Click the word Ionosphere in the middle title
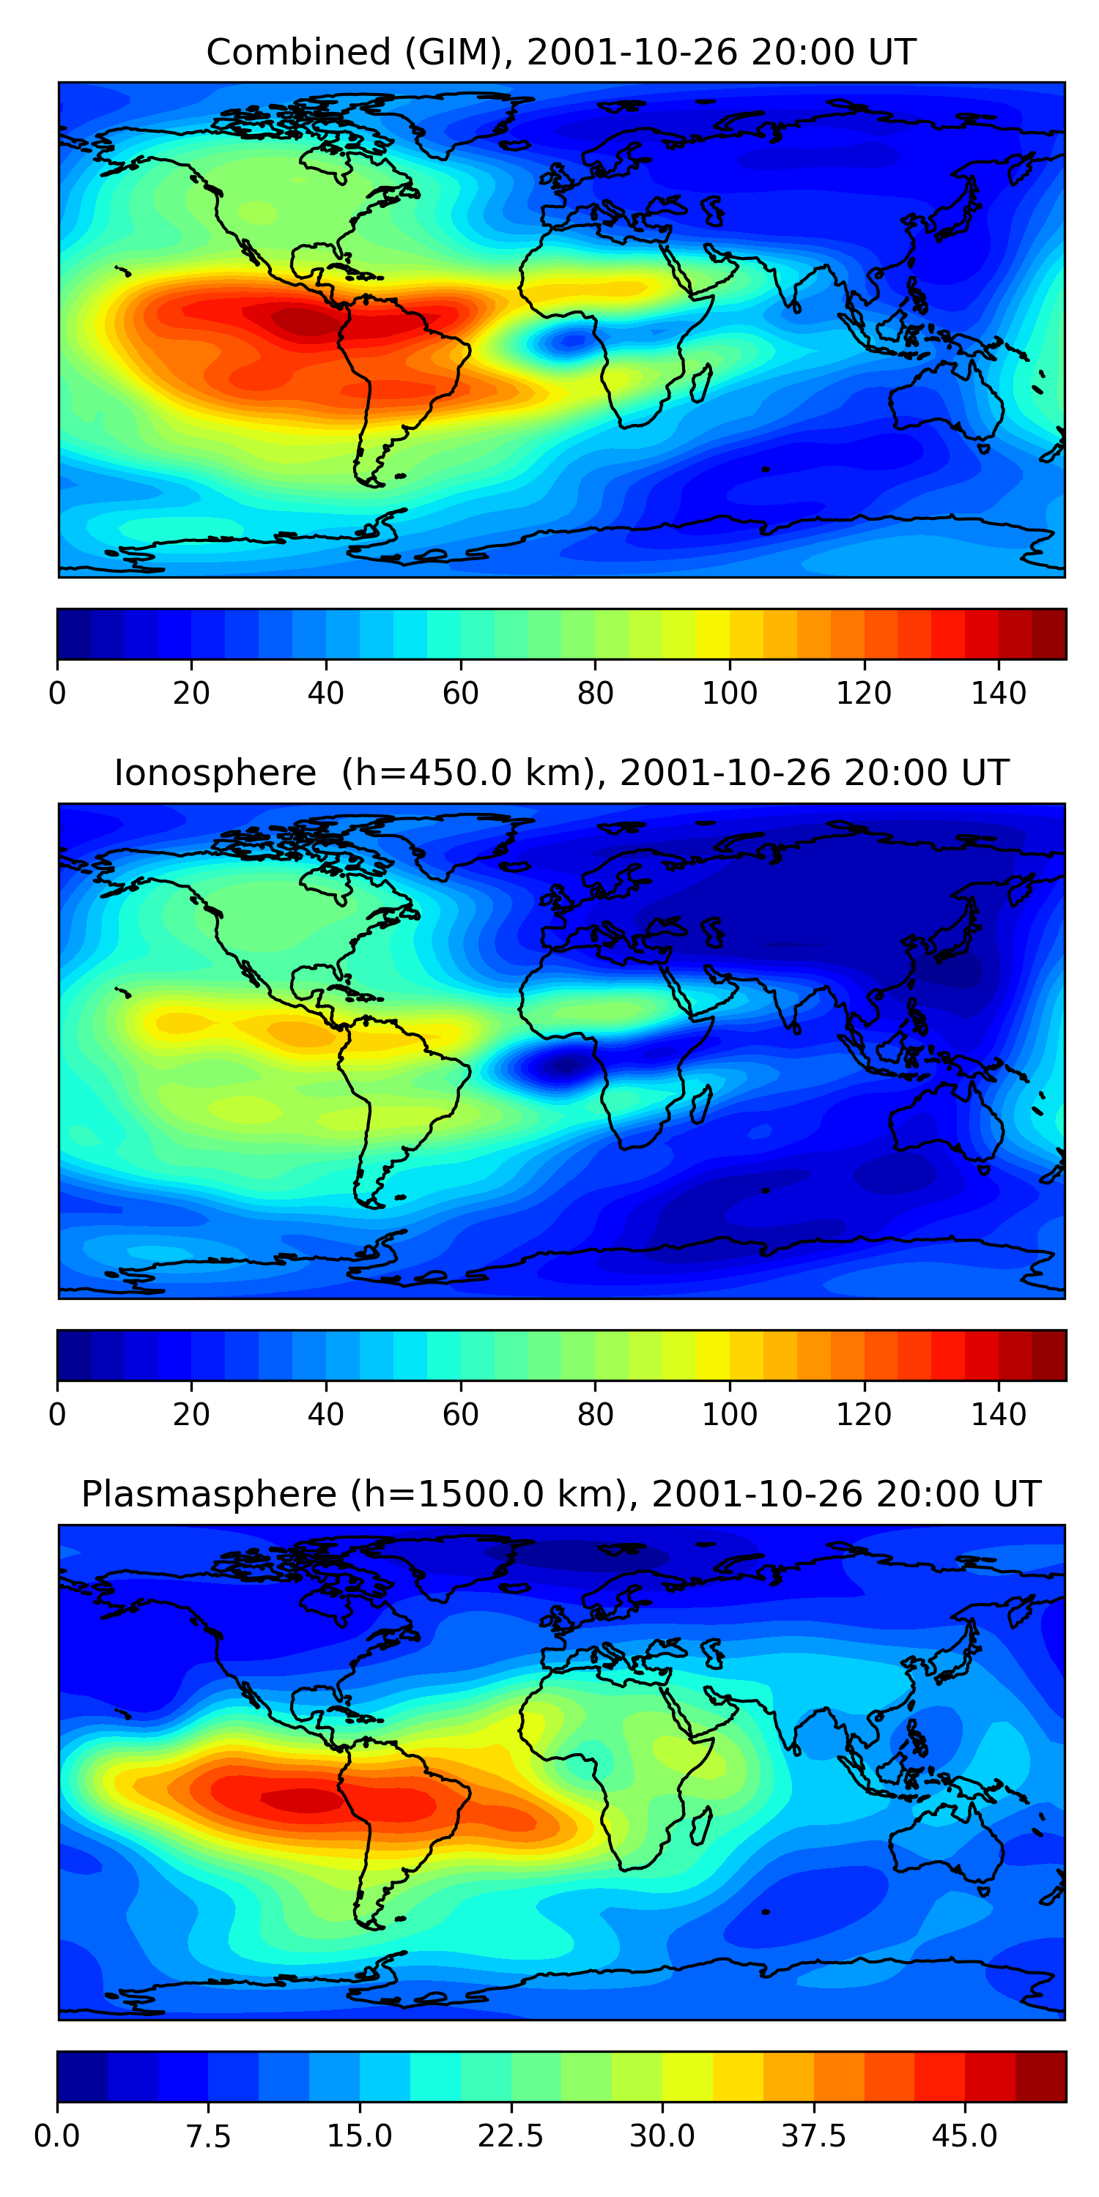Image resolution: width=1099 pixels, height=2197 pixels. (215, 773)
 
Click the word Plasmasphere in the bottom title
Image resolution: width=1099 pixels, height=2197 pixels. (209, 1494)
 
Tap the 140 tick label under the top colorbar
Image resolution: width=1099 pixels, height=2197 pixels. (999, 694)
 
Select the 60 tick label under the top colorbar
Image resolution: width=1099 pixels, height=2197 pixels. (461, 694)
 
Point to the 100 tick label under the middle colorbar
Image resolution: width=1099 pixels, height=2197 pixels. (730, 1414)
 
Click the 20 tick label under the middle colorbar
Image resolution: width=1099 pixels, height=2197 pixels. (191, 1414)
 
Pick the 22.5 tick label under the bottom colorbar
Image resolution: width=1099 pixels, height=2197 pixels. (510, 2135)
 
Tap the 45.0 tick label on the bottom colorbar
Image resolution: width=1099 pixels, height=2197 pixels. (964, 2135)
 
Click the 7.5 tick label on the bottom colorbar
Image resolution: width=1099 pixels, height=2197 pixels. (208, 2135)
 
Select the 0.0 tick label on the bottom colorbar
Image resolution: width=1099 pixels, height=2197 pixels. (57, 2135)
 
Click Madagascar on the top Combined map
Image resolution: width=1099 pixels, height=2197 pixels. (700, 383)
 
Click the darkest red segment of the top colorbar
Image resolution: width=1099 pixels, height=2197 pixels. (1048, 634)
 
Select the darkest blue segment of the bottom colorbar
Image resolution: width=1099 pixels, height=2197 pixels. (82, 2076)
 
